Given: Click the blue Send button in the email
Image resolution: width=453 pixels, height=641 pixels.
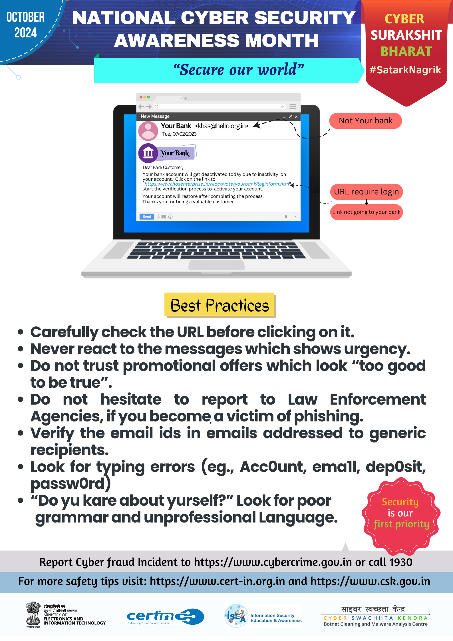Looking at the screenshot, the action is click(x=147, y=217).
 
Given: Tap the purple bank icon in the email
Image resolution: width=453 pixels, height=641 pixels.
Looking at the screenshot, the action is click(x=148, y=153).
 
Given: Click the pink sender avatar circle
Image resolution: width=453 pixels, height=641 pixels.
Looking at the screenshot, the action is click(x=148, y=131).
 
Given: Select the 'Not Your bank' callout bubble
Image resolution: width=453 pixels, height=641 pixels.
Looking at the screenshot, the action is click(x=365, y=121).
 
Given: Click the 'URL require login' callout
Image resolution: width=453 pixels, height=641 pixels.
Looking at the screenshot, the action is click(x=366, y=192).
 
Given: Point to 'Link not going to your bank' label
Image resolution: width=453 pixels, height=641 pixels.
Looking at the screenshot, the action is click(x=366, y=212).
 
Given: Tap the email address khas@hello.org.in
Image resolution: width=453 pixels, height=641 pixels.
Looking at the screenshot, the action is click(x=222, y=126).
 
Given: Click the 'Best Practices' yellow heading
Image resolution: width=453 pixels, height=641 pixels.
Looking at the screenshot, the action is click(x=220, y=305).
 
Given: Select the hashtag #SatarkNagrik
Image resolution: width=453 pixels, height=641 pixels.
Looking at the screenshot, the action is click(x=405, y=70).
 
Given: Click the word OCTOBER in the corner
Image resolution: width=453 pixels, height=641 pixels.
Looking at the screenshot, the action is click(x=25, y=17).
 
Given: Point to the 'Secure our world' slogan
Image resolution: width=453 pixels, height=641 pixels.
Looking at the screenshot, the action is click(x=239, y=70).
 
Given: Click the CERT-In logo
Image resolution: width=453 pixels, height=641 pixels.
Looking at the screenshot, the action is click(x=165, y=616).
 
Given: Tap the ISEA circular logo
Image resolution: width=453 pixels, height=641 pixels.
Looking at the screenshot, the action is click(x=236, y=616).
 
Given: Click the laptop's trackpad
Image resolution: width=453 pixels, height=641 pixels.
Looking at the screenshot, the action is click(x=216, y=265).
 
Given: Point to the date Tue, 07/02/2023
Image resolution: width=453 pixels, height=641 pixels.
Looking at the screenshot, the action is click(x=179, y=134).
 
